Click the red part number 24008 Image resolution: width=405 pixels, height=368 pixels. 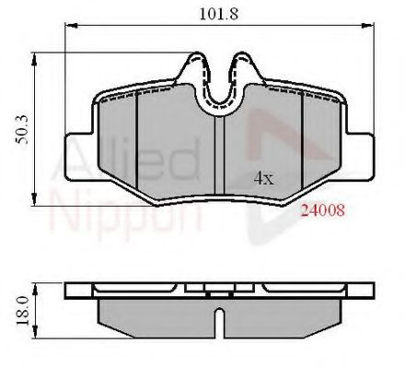323,209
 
